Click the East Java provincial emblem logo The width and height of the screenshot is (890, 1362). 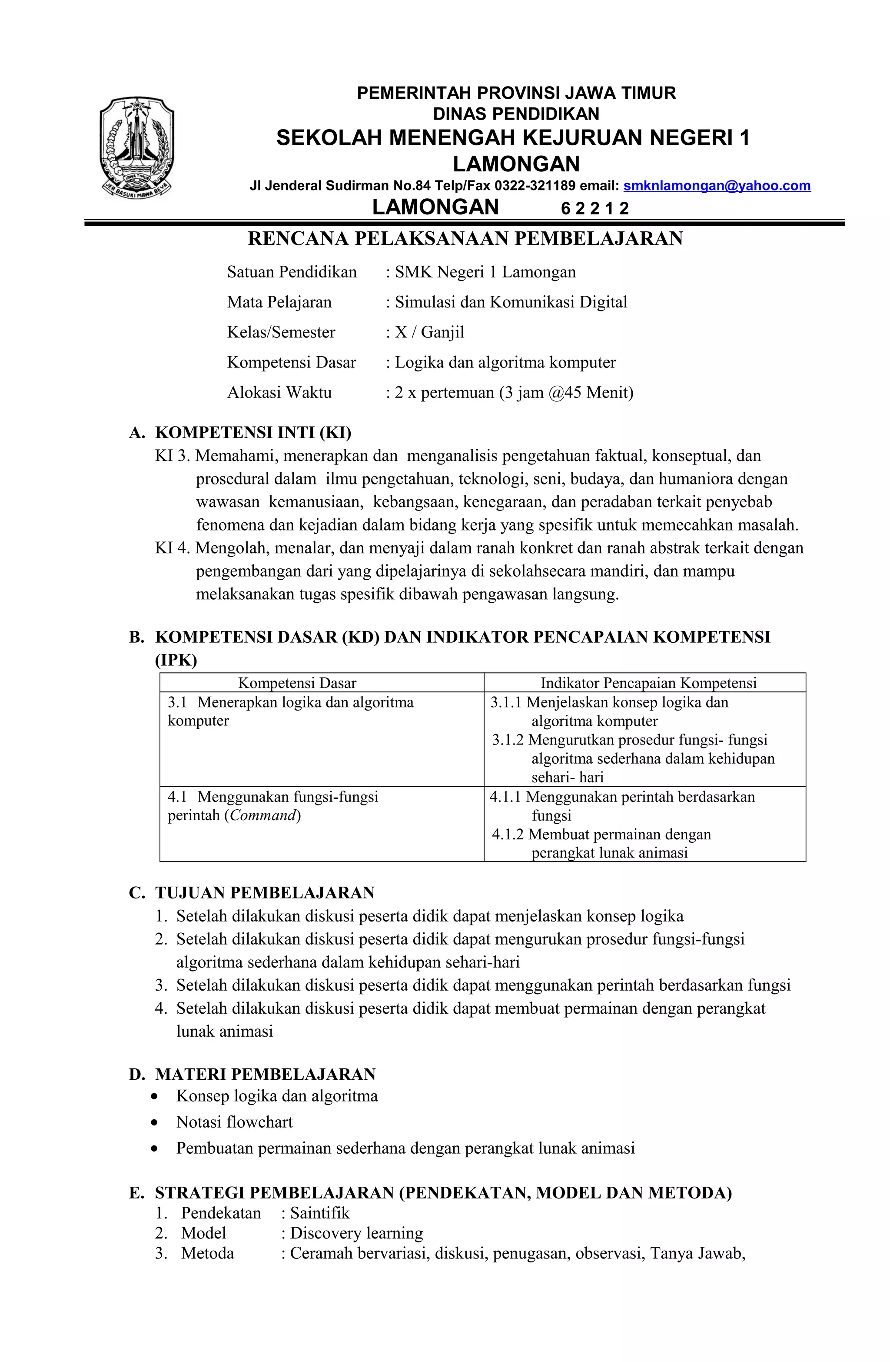(x=137, y=147)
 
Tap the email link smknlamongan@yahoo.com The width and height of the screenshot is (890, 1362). (x=716, y=185)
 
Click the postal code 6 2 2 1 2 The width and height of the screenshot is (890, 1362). (x=594, y=208)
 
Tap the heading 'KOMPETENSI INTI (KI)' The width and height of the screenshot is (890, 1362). (x=253, y=432)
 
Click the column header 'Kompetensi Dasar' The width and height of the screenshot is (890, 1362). (x=297, y=683)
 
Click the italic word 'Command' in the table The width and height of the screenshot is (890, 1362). (x=262, y=815)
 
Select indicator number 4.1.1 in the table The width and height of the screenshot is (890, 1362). (x=506, y=797)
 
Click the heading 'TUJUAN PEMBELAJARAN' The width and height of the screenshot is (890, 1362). (x=265, y=893)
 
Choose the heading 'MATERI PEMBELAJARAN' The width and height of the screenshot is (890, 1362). (x=266, y=1074)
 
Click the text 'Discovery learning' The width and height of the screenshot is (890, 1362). (x=356, y=1233)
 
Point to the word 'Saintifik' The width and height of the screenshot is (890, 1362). (x=320, y=1213)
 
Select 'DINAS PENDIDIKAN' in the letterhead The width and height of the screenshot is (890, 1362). (x=516, y=114)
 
